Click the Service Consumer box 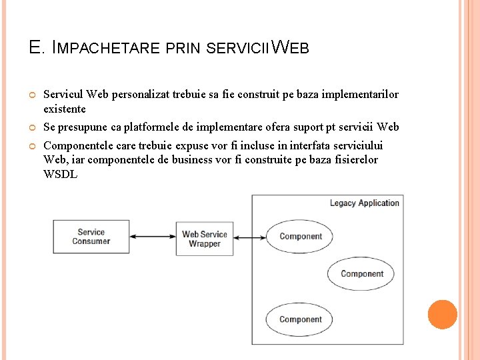[x=91, y=237]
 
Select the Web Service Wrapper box [x=205, y=239]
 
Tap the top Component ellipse [x=300, y=236]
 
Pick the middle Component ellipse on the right [x=361, y=273]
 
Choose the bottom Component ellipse [x=300, y=319]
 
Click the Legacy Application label [x=364, y=203]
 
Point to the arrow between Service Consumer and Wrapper [x=153, y=237]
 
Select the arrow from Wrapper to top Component [x=250, y=237]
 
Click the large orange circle [x=442, y=315]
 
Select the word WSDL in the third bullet [x=61, y=175]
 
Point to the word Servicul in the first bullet [x=63, y=95]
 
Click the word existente [x=65, y=109]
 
